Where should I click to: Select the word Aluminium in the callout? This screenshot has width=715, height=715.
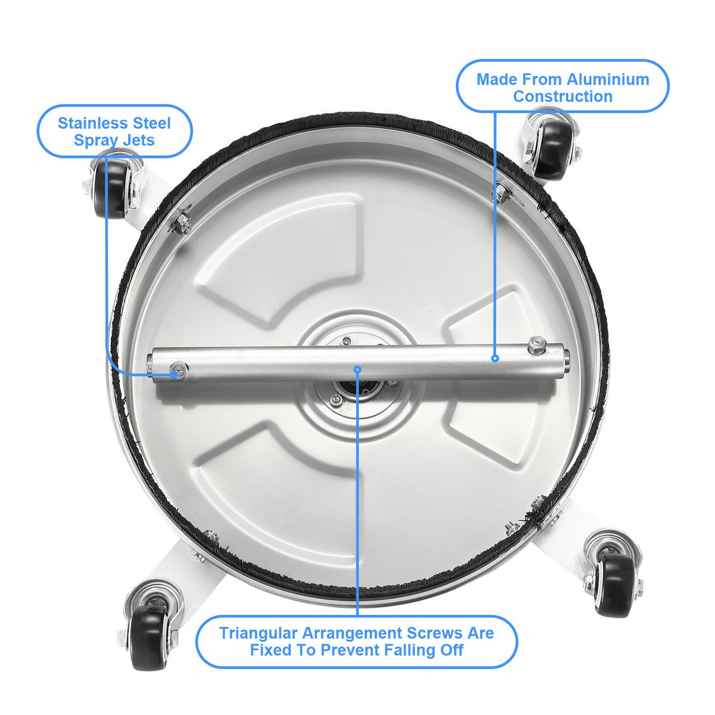[608, 80]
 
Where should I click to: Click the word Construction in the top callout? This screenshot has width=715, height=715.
[562, 97]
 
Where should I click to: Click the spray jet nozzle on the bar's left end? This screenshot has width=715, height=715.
[180, 369]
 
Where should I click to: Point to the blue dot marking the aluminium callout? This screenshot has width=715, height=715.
[495, 358]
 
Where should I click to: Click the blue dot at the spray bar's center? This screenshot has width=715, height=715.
[357, 369]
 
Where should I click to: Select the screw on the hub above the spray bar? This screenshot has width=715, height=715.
[346, 340]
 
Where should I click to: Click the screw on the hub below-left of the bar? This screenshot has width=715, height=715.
[337, 399]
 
